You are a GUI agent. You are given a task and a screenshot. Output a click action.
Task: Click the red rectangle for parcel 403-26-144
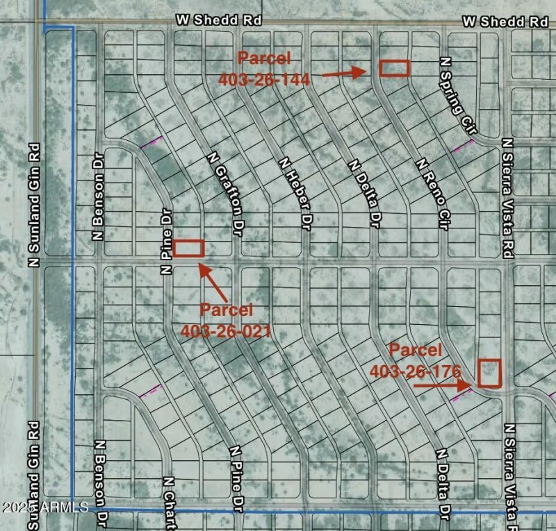point(394,67)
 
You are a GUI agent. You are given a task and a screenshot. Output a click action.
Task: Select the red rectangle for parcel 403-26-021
point(188,248)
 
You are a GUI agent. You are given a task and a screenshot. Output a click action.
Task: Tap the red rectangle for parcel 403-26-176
point(490,373)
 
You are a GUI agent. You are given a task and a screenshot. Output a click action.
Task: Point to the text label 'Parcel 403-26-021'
point(226,320)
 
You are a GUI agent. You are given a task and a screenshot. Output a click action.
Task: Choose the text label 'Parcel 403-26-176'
point(416,361)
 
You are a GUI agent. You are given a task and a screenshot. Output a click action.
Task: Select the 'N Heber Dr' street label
point(295,193)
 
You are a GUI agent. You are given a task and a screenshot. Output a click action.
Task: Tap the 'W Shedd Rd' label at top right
point(505,21)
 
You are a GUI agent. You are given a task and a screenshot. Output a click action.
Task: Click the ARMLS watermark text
point(44,507)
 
